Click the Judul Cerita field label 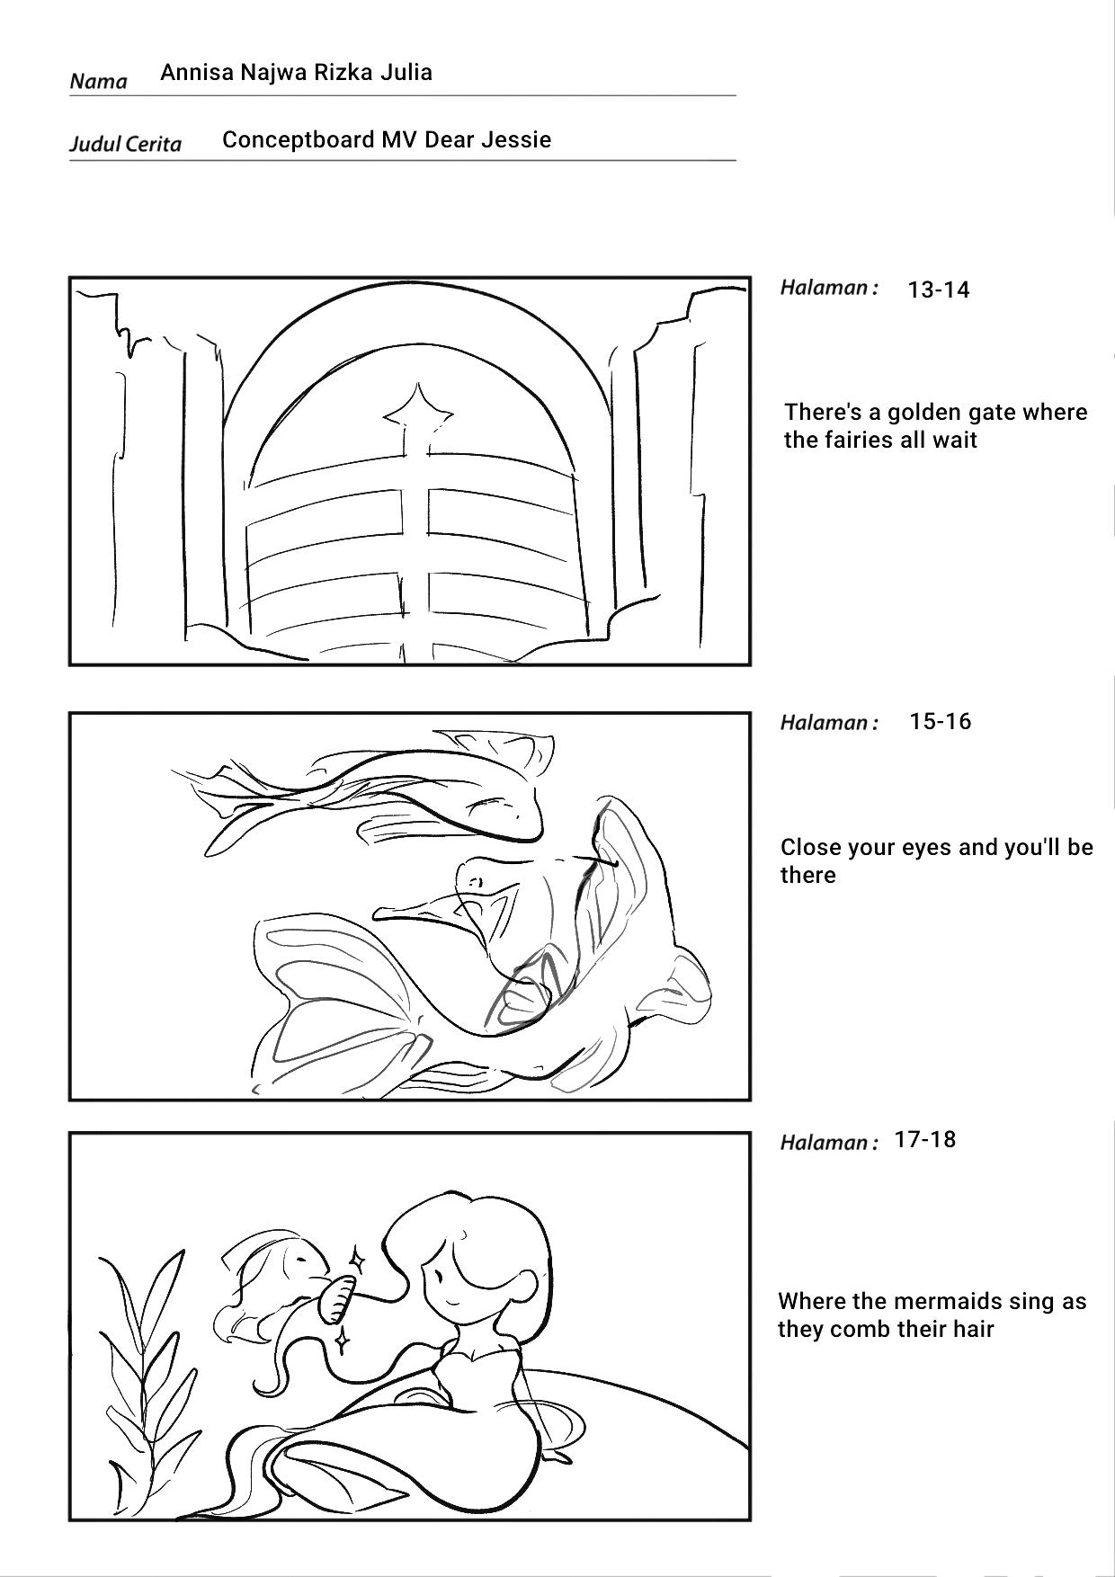pyautogui.click(x=125, y=145)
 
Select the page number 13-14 pyautogui.click(x=939, y=290)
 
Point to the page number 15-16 pyautogui.click(x=940, y=722)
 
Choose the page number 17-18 pyautogui.click(x=925, y=1140)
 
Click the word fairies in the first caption pyautogui.click(x=855, y=441)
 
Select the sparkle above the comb pyautogui.click(x=357, y=1260)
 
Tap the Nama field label pyautogui.click(x=98, y=82)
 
